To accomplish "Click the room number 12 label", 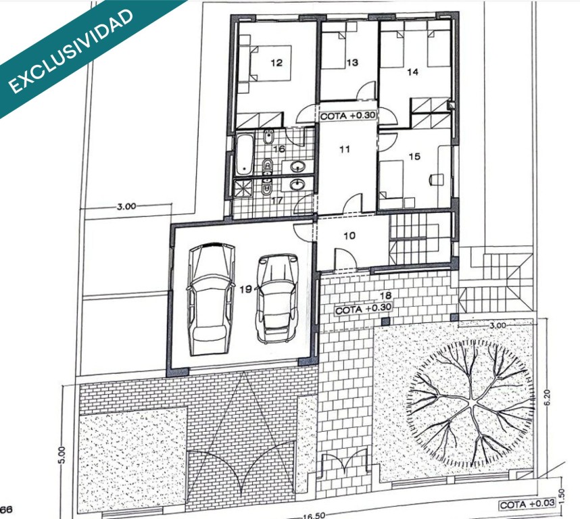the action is (276, 63).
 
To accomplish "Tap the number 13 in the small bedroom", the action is (352, 62).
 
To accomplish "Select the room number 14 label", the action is (412, 72).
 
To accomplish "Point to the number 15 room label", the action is (414, 156).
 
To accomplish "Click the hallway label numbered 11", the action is (344, 149).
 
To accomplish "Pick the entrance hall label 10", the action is (349, 235).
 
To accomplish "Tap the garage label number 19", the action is (245, 289).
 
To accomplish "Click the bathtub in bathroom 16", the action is (245, 155).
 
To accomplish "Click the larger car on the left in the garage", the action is (211, 299).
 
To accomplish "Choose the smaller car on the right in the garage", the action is (276, 298).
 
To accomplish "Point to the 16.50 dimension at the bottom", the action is (314, 516).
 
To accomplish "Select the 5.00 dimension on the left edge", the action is (62, 455).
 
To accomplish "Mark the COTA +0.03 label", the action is (527, 504).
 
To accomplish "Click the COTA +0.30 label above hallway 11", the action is (347, 116).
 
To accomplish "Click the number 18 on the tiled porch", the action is (385, 295).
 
